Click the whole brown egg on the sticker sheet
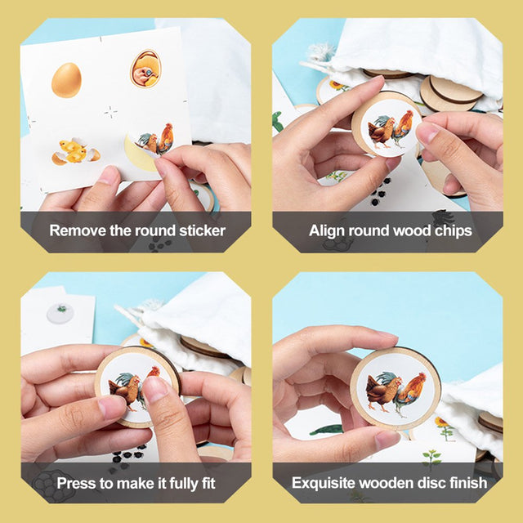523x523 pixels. tap(66, 80)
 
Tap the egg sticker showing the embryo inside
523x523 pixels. tap(145, 69)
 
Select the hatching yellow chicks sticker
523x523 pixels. tap(75, 152)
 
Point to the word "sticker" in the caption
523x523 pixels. tap(202, 230)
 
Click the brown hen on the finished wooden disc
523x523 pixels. tap(382, 391)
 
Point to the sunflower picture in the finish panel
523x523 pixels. tap(445, 427)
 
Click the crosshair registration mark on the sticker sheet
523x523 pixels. tap(110, 112)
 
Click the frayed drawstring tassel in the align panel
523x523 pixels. tap(321, 52)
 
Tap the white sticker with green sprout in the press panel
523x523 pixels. tap(60, 313)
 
